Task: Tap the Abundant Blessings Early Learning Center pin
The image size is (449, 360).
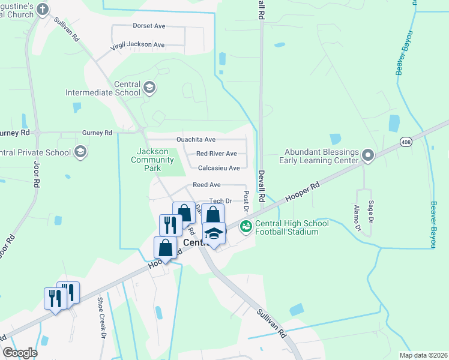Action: (369, 157)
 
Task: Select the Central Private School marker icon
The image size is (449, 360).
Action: (80, 152)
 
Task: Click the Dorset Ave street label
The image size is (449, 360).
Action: (150, 26)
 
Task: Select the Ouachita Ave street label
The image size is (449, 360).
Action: (196, 139)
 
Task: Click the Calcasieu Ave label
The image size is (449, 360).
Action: (218, 168)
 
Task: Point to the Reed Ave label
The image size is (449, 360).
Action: (206, 185)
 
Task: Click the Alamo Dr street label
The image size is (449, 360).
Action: (357, 219)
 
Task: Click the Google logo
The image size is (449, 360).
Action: (20, 353)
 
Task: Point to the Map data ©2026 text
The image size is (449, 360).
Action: (423, 355)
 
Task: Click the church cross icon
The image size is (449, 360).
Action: (42, 9)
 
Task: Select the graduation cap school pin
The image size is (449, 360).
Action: (213, 232)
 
